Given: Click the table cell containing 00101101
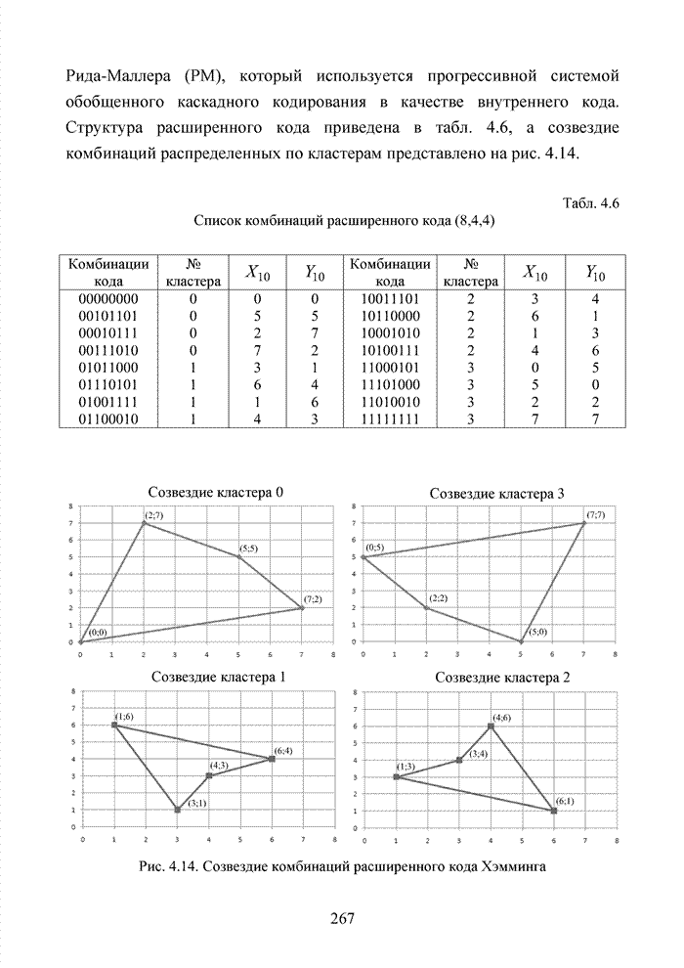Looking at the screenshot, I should click(x=108, y=315).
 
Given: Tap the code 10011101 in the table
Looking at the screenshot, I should click(x=390, y=299).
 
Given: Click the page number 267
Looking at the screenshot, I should click(x=342, y=917).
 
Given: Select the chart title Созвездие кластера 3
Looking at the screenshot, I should click(x=498, y=494).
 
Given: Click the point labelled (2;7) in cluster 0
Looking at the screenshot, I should click(x=144, y=523).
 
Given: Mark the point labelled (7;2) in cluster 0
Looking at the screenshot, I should click(x=302, y=608).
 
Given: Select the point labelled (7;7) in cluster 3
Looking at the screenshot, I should click(x=583, y=523).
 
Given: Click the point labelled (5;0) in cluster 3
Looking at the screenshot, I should click(x=521, y=641).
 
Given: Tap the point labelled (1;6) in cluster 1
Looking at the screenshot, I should click(x=114, y=726).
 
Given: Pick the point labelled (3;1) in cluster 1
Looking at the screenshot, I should click(x=177, y=810).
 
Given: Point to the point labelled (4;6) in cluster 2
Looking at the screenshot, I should click(x=491, y=726).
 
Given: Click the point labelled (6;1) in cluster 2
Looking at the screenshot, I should click(x=554, y=810).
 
